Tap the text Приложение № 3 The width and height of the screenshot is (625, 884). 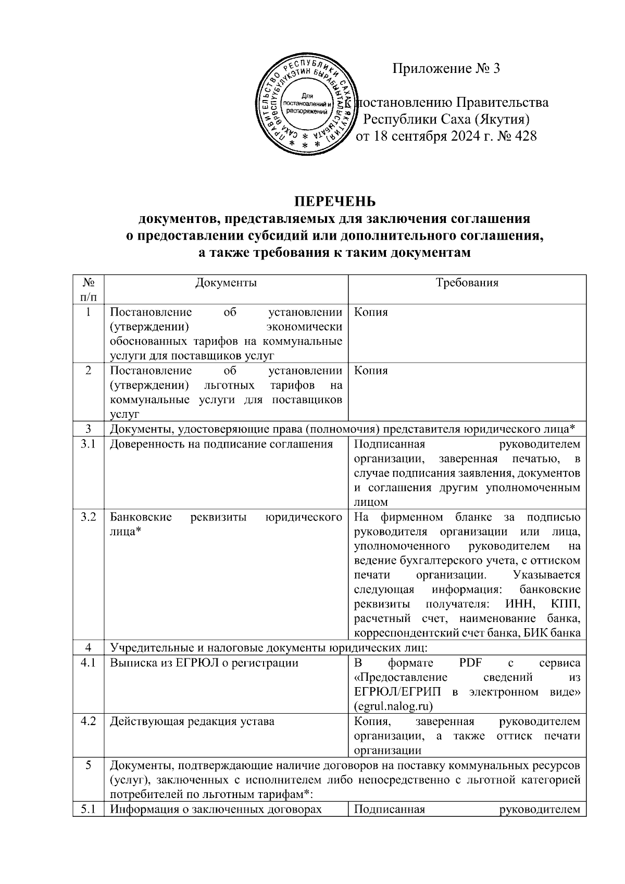coord(446,68)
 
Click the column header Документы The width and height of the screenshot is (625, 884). coord(226,283)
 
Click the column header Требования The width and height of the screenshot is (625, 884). coord(467,283)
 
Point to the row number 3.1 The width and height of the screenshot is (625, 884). coord(88,444)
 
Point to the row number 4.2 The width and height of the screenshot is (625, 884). coord(88,721)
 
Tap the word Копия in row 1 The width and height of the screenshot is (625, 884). coord(371,313)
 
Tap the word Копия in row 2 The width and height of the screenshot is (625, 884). coord(371,371)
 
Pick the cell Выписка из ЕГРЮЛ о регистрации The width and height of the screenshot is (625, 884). coord(204,663)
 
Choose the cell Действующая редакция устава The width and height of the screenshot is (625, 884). coord(192,721)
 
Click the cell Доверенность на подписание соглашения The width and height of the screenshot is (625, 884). coord(221,444)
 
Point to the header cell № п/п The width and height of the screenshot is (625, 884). coord(88,290)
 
